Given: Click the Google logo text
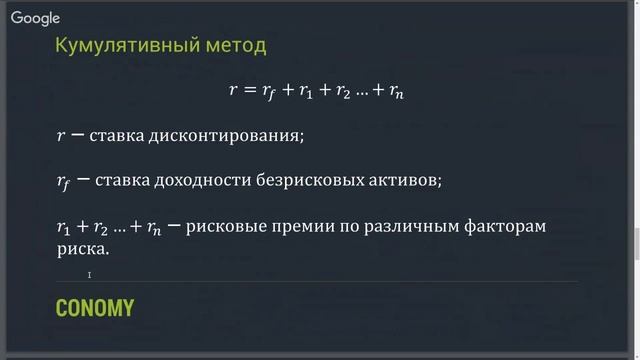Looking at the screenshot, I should tap(36, 18).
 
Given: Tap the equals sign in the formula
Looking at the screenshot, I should tap(251, 90).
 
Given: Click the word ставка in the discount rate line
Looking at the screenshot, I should tap(117, 135).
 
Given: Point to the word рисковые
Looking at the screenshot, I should tap(225, 227).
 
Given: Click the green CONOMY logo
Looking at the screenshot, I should tap(95, 308).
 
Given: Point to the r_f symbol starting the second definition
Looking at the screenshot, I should tap(63, 182).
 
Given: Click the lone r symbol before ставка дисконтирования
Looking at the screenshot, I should tap(60, 136).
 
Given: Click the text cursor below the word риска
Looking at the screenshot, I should tap(89, 275).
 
